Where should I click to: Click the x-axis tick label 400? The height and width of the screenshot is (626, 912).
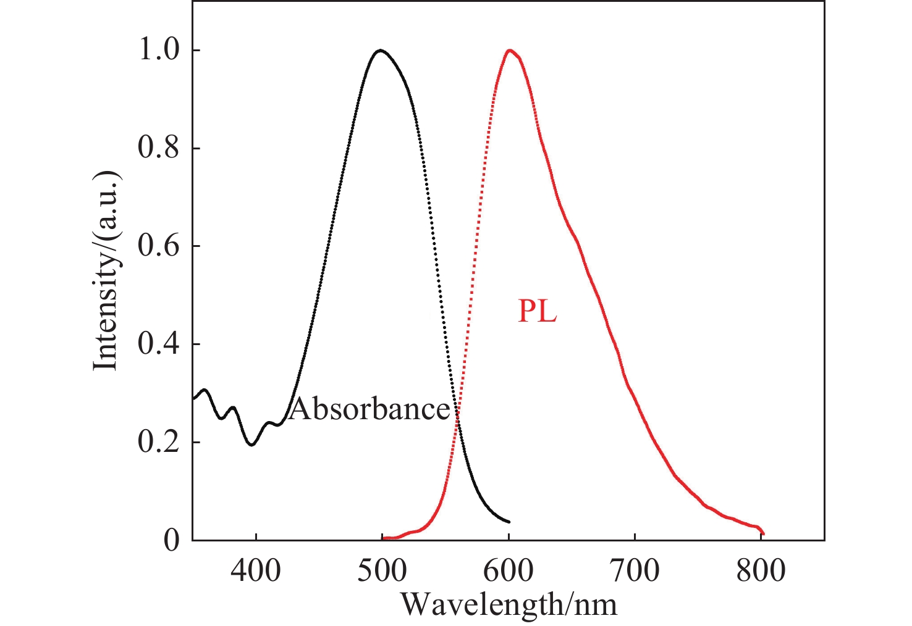[x=256, y=571]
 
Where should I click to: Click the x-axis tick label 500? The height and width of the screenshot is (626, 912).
[x=382, y=571]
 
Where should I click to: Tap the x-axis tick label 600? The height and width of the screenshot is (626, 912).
[x=509, y=571]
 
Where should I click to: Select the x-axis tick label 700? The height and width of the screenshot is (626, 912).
[x=635, y=571]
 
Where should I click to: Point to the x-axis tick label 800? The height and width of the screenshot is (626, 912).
[x=761, y=571]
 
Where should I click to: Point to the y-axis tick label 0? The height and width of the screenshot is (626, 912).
[x=172, y=541]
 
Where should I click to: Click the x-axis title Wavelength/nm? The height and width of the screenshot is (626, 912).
[x=509, y=604]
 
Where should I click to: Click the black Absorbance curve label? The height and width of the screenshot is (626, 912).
[x=369, y=409]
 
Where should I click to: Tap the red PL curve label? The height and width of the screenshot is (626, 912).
[x=537, y=311]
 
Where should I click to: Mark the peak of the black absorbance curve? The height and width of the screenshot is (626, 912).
[x=381, y=50]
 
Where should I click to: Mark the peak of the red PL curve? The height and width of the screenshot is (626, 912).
[x=509, y=50]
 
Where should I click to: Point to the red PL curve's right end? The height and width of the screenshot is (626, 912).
[x=764, y=533]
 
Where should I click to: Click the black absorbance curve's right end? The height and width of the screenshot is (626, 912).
[x=509, y=522]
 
